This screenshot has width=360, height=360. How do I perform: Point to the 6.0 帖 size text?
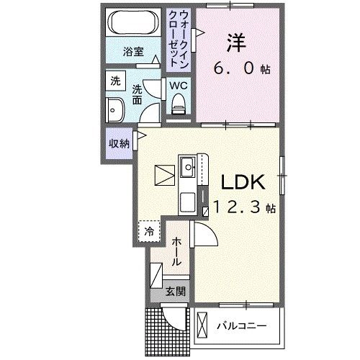tap(241, 69)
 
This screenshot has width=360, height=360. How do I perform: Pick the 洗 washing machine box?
tap(114, 81)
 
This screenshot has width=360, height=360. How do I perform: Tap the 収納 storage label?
tap(119, 143)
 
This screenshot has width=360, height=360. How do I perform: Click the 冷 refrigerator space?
tap(149, 231)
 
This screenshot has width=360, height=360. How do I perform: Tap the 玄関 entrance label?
tap(175, 292)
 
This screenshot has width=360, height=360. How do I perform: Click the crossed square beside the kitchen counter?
tap(164, 176)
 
